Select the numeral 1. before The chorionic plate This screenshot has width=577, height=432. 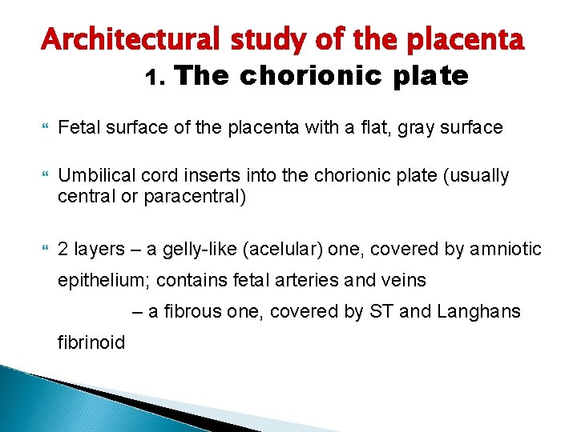[x=155, y=78]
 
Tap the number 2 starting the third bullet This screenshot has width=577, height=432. [x=64, y=250]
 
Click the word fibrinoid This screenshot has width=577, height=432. [x=91, y=343]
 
